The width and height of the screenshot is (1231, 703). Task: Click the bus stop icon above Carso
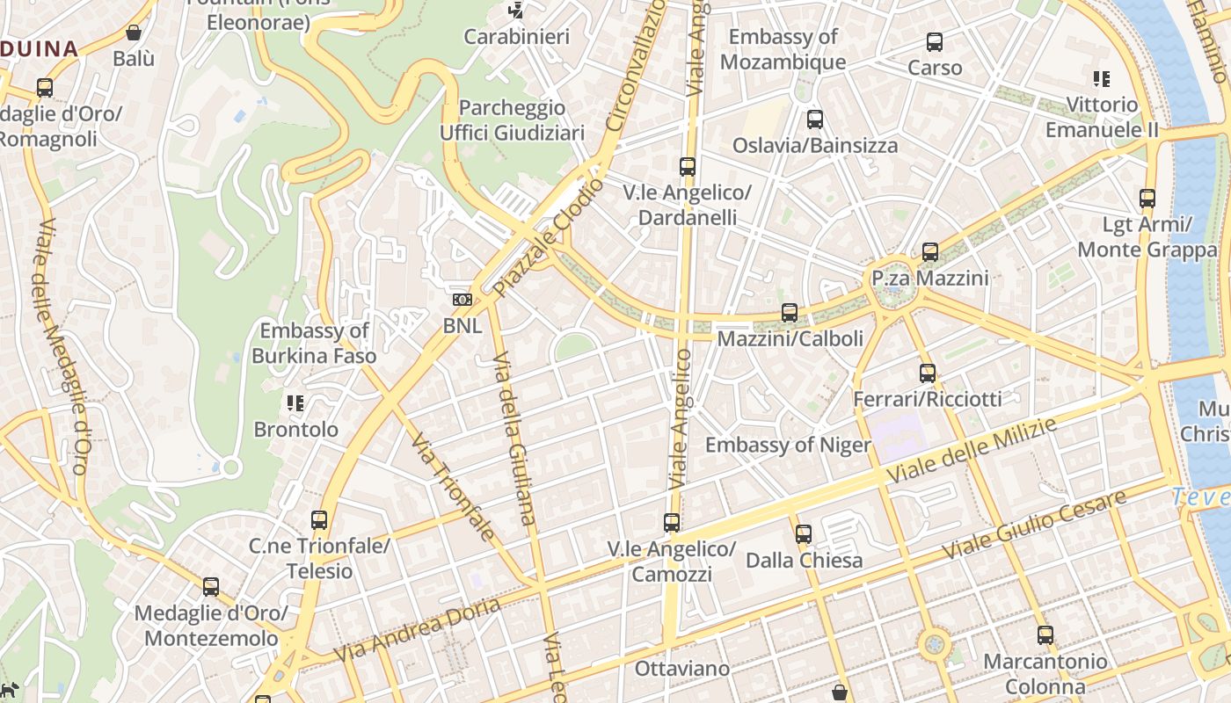(935, 41)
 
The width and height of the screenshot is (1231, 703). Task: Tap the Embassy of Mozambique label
(783, 49)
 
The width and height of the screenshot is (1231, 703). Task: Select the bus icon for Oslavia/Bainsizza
(815, 120)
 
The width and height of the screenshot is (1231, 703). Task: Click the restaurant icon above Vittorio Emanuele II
(1101, 79)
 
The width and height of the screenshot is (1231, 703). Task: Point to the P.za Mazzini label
(929, 279)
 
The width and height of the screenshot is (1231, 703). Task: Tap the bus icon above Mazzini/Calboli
(790, 312)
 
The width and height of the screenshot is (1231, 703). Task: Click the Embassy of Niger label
(788, 445)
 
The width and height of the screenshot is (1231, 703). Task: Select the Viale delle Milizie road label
(971, 450)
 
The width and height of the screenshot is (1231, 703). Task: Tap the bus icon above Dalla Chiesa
(803, 533)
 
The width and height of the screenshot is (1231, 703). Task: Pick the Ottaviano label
(682, 669)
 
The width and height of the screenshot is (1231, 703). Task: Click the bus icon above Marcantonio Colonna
(1045, 634)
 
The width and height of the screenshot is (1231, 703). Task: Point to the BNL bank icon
(463, 300)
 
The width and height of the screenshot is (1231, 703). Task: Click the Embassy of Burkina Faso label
(314, 344)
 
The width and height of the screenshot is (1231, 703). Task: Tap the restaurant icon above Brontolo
(295, 403)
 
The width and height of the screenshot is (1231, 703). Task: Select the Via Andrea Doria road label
(418, 629)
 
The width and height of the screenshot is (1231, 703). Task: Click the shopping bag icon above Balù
(134, 33)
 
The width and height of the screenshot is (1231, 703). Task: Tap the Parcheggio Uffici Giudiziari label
(512, 120)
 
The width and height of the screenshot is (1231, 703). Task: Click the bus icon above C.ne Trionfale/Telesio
(319, 519)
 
